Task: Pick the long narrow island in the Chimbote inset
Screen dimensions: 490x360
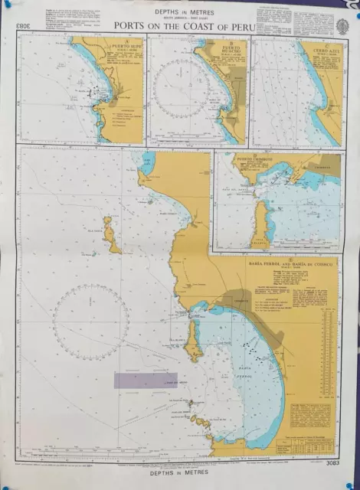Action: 260,218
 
